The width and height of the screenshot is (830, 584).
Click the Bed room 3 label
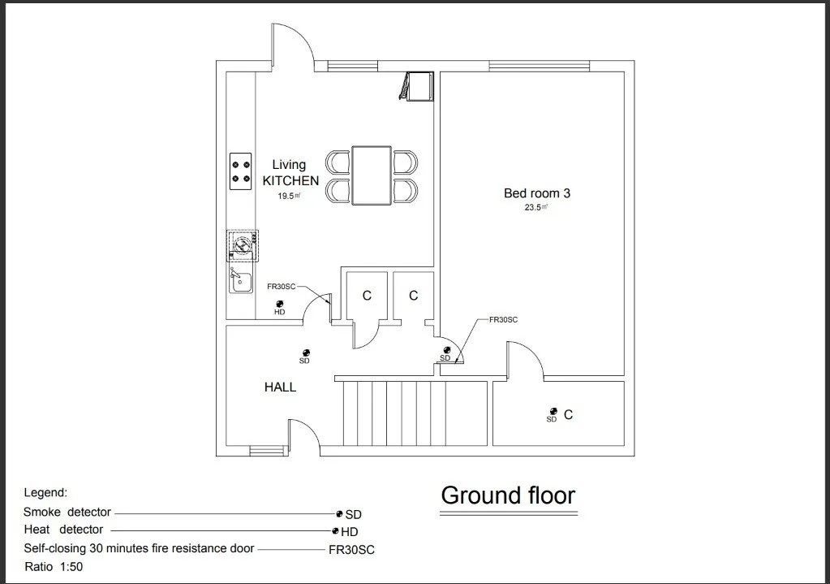click(536, 193)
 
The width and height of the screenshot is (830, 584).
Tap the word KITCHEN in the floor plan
click(290, 180)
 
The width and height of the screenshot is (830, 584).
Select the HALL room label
click(280, 387)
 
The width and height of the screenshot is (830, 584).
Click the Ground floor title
click(508, 495)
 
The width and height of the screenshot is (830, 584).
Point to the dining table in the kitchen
click(372, 175)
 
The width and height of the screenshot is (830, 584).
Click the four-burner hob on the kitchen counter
click(240, 171)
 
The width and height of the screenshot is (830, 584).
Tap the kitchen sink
click(239, 280)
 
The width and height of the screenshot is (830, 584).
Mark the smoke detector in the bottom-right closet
click(553, 411)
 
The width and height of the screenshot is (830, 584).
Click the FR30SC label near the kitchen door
click(281, 287)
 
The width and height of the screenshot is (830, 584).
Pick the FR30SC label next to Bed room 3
click(503, 320)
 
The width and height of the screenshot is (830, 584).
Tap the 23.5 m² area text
click(536, 208)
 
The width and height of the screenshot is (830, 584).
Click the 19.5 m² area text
click(289, 196)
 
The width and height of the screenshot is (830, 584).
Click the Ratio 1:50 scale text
click(54, 566)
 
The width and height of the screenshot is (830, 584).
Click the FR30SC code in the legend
click(351, 550)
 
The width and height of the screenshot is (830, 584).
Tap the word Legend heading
click(45, 492)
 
